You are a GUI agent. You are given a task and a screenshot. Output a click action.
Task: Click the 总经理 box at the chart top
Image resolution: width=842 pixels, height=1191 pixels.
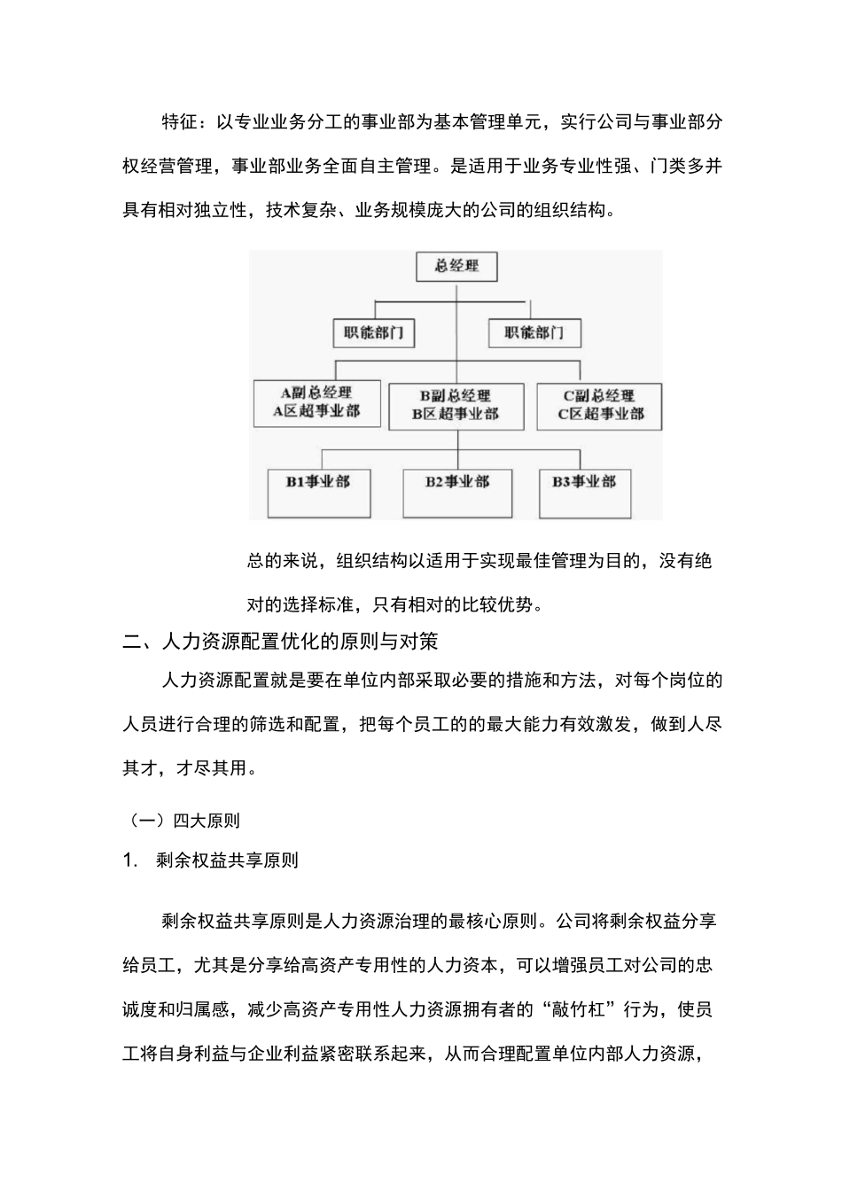456,266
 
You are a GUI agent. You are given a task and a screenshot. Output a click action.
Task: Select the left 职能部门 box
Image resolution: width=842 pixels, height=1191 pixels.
374,333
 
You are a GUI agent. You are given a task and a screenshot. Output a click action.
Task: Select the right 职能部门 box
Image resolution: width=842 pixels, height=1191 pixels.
534,333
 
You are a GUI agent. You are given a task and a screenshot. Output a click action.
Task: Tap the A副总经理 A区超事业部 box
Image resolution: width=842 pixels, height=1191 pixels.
316,402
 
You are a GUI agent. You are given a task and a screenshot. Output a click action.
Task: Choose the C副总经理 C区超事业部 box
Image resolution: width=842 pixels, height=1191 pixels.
599,405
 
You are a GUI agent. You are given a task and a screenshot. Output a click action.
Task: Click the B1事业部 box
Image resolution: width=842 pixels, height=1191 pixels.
318,492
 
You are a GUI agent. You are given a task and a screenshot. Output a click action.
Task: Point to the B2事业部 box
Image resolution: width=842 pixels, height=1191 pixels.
456,492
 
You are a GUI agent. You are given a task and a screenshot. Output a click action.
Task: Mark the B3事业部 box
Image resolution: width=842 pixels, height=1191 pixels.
585,492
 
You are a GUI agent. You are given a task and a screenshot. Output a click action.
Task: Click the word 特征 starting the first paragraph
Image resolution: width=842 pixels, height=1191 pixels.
180,121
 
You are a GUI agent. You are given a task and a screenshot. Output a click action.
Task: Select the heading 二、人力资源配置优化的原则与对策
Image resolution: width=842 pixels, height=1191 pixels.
280,641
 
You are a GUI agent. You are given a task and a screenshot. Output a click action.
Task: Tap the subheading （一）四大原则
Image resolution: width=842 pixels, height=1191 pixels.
181,821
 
